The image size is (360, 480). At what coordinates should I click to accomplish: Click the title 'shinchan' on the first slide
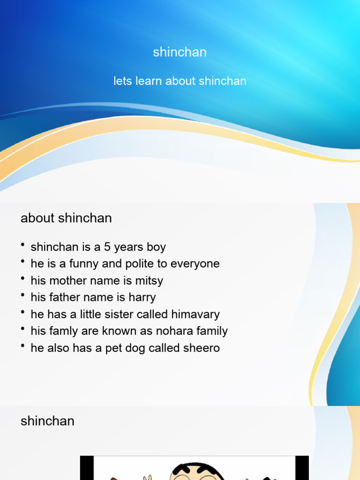(x=180, y=52)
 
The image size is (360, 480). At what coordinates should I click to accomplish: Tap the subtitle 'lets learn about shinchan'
(x=180, y=81)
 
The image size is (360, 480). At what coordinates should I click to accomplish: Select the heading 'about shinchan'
(x=66, y=218)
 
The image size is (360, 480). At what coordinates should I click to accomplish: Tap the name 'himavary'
(x=195, y=315)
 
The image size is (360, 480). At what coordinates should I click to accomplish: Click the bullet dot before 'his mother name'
(x=23, y=279)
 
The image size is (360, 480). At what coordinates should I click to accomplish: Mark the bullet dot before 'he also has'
(x=23, y=347)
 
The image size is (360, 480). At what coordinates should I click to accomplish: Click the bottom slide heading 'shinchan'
(x=47, y=421)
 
